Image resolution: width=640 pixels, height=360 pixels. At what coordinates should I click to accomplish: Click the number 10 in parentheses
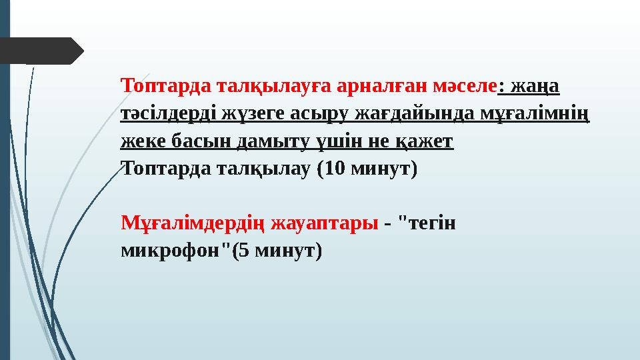pyautogui.click(x=335, y=169)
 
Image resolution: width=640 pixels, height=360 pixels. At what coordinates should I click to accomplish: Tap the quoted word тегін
pyautogui.click(x=430, y=223)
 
